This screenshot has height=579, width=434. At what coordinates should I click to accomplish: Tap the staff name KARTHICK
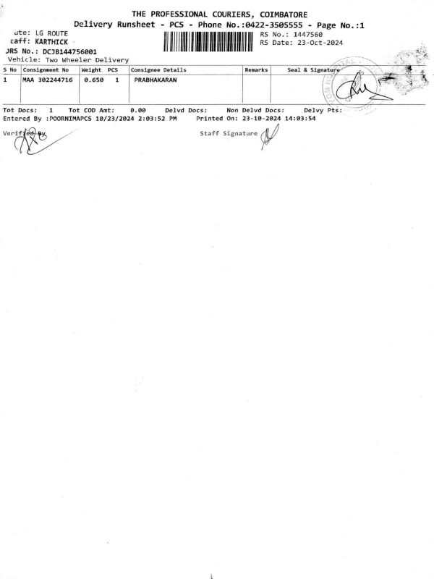click(x=51, y=43)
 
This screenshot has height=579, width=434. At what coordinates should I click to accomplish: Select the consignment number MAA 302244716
click(x=48, y=79)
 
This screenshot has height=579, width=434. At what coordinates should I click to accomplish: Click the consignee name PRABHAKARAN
click(x=156, y=79)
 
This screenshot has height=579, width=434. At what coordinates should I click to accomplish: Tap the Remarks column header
click(x=257, y=69)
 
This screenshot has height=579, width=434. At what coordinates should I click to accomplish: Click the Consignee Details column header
click(x=158, y=69)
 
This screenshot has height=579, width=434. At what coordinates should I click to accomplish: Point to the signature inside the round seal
click(x=359, y=90)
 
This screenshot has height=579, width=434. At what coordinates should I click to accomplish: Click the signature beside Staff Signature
click(x=270, y=135)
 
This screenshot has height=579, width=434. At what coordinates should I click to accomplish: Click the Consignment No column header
click(x=46, y=69)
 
